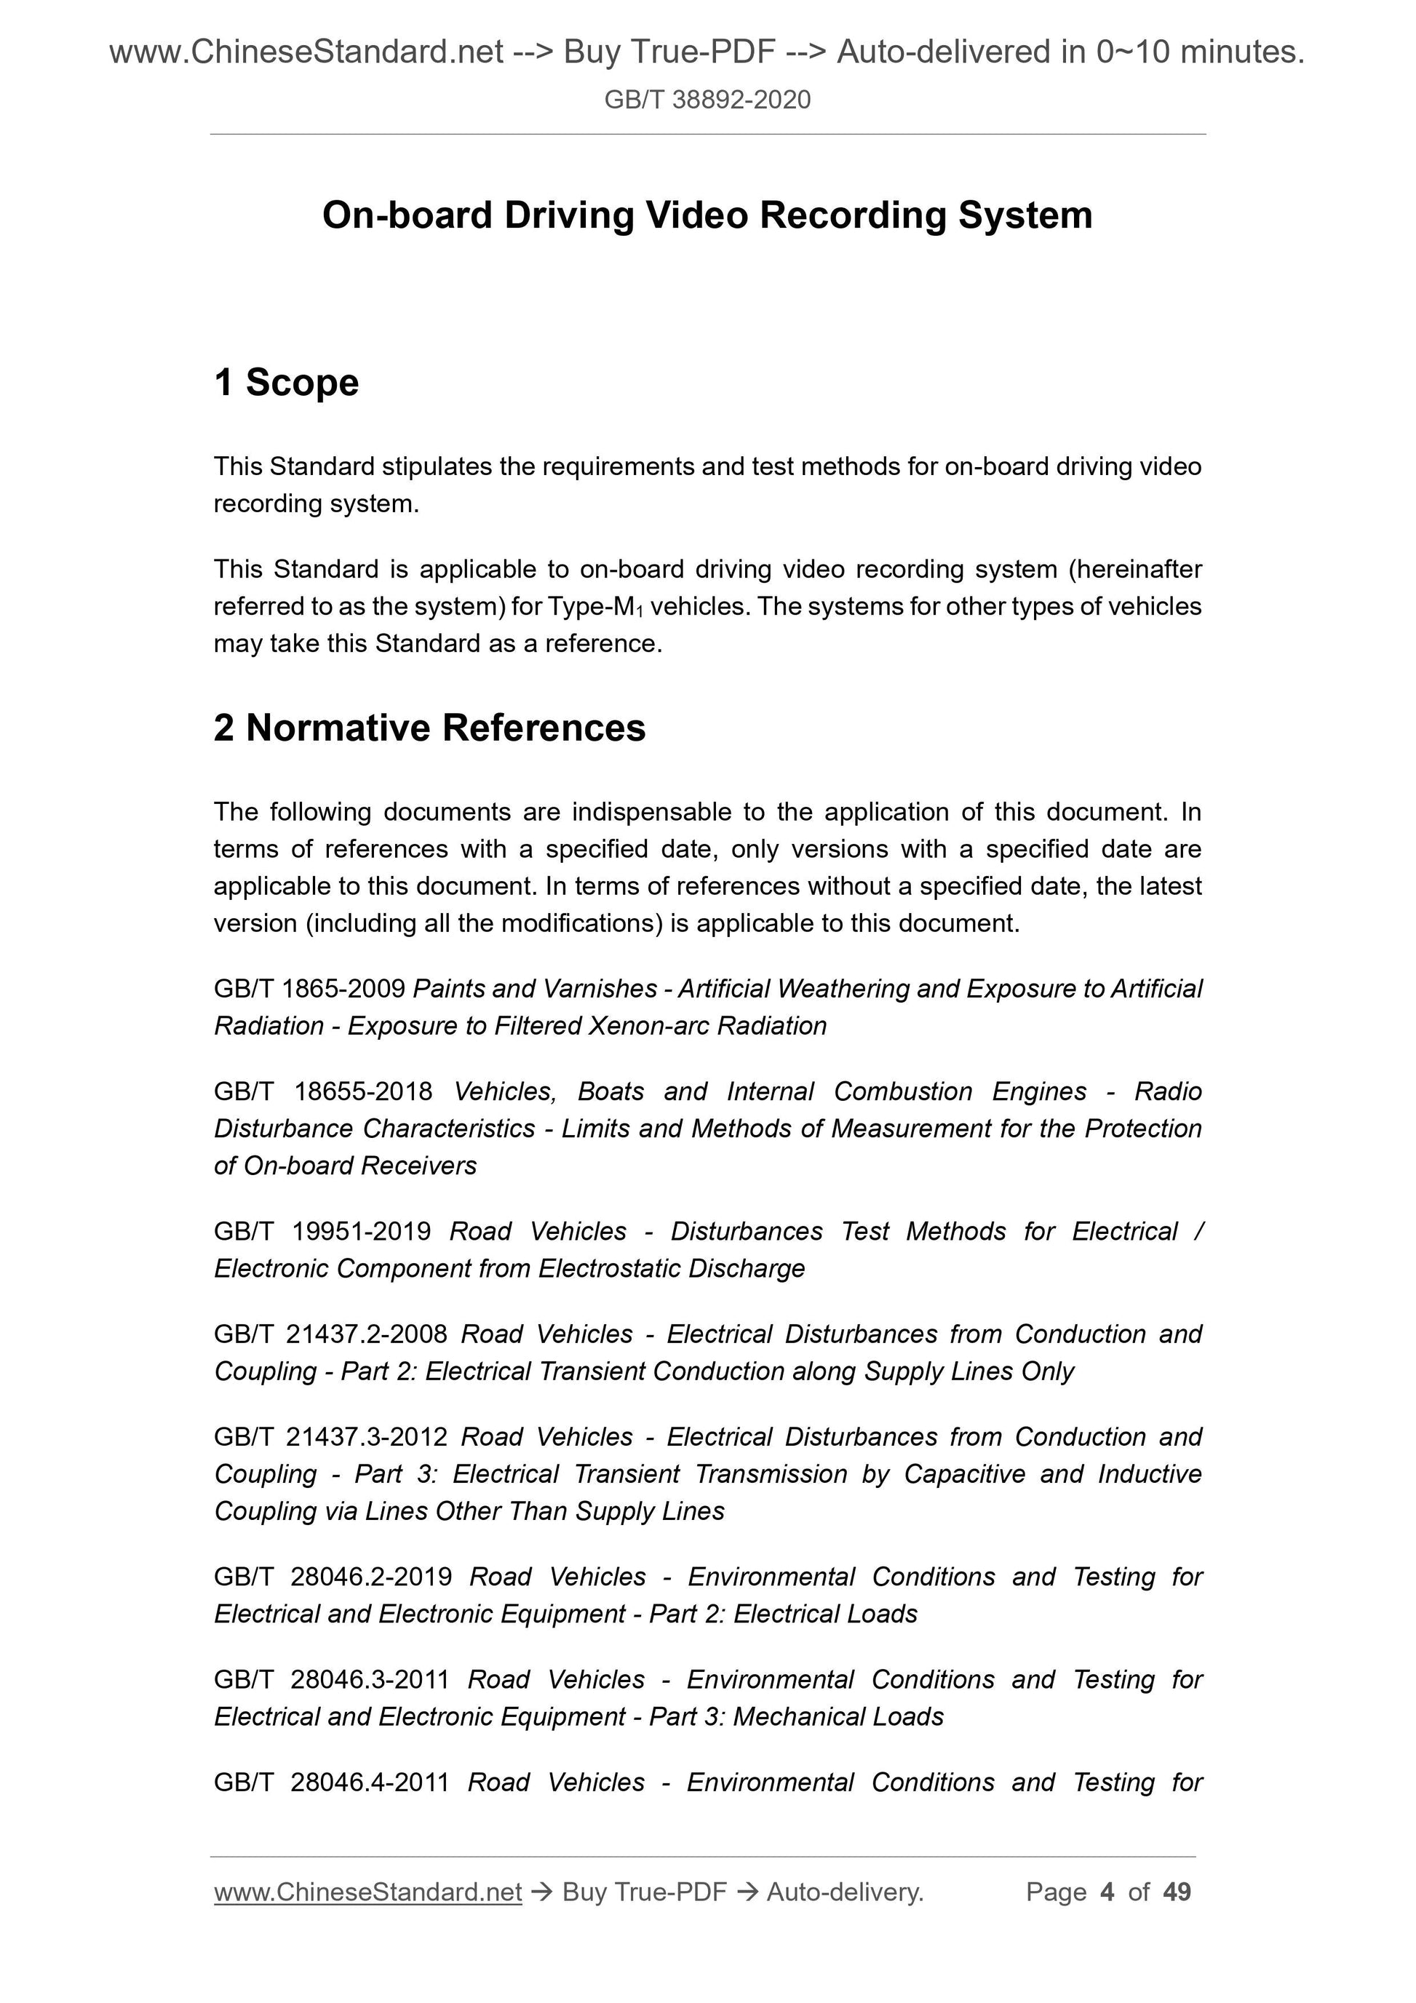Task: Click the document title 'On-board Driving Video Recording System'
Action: [x=707, y=215]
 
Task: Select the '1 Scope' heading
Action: [x=286, y=382]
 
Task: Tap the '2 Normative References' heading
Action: [x=429, y=728]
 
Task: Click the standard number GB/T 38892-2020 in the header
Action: [x=707, y=100]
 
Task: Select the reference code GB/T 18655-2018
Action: [x=323, y=1091]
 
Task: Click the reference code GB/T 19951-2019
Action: [x=322, y=1231]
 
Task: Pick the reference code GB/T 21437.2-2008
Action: [x=330, y=1334]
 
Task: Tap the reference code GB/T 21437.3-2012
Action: [x=330, y=1437]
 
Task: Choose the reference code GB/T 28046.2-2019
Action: [x=333, y=1577]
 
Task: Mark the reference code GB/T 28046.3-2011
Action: [x=332, y=1679]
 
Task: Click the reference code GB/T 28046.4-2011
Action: [x=332, y=1783]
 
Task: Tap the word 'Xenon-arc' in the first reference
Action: [x=649, y=1025]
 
